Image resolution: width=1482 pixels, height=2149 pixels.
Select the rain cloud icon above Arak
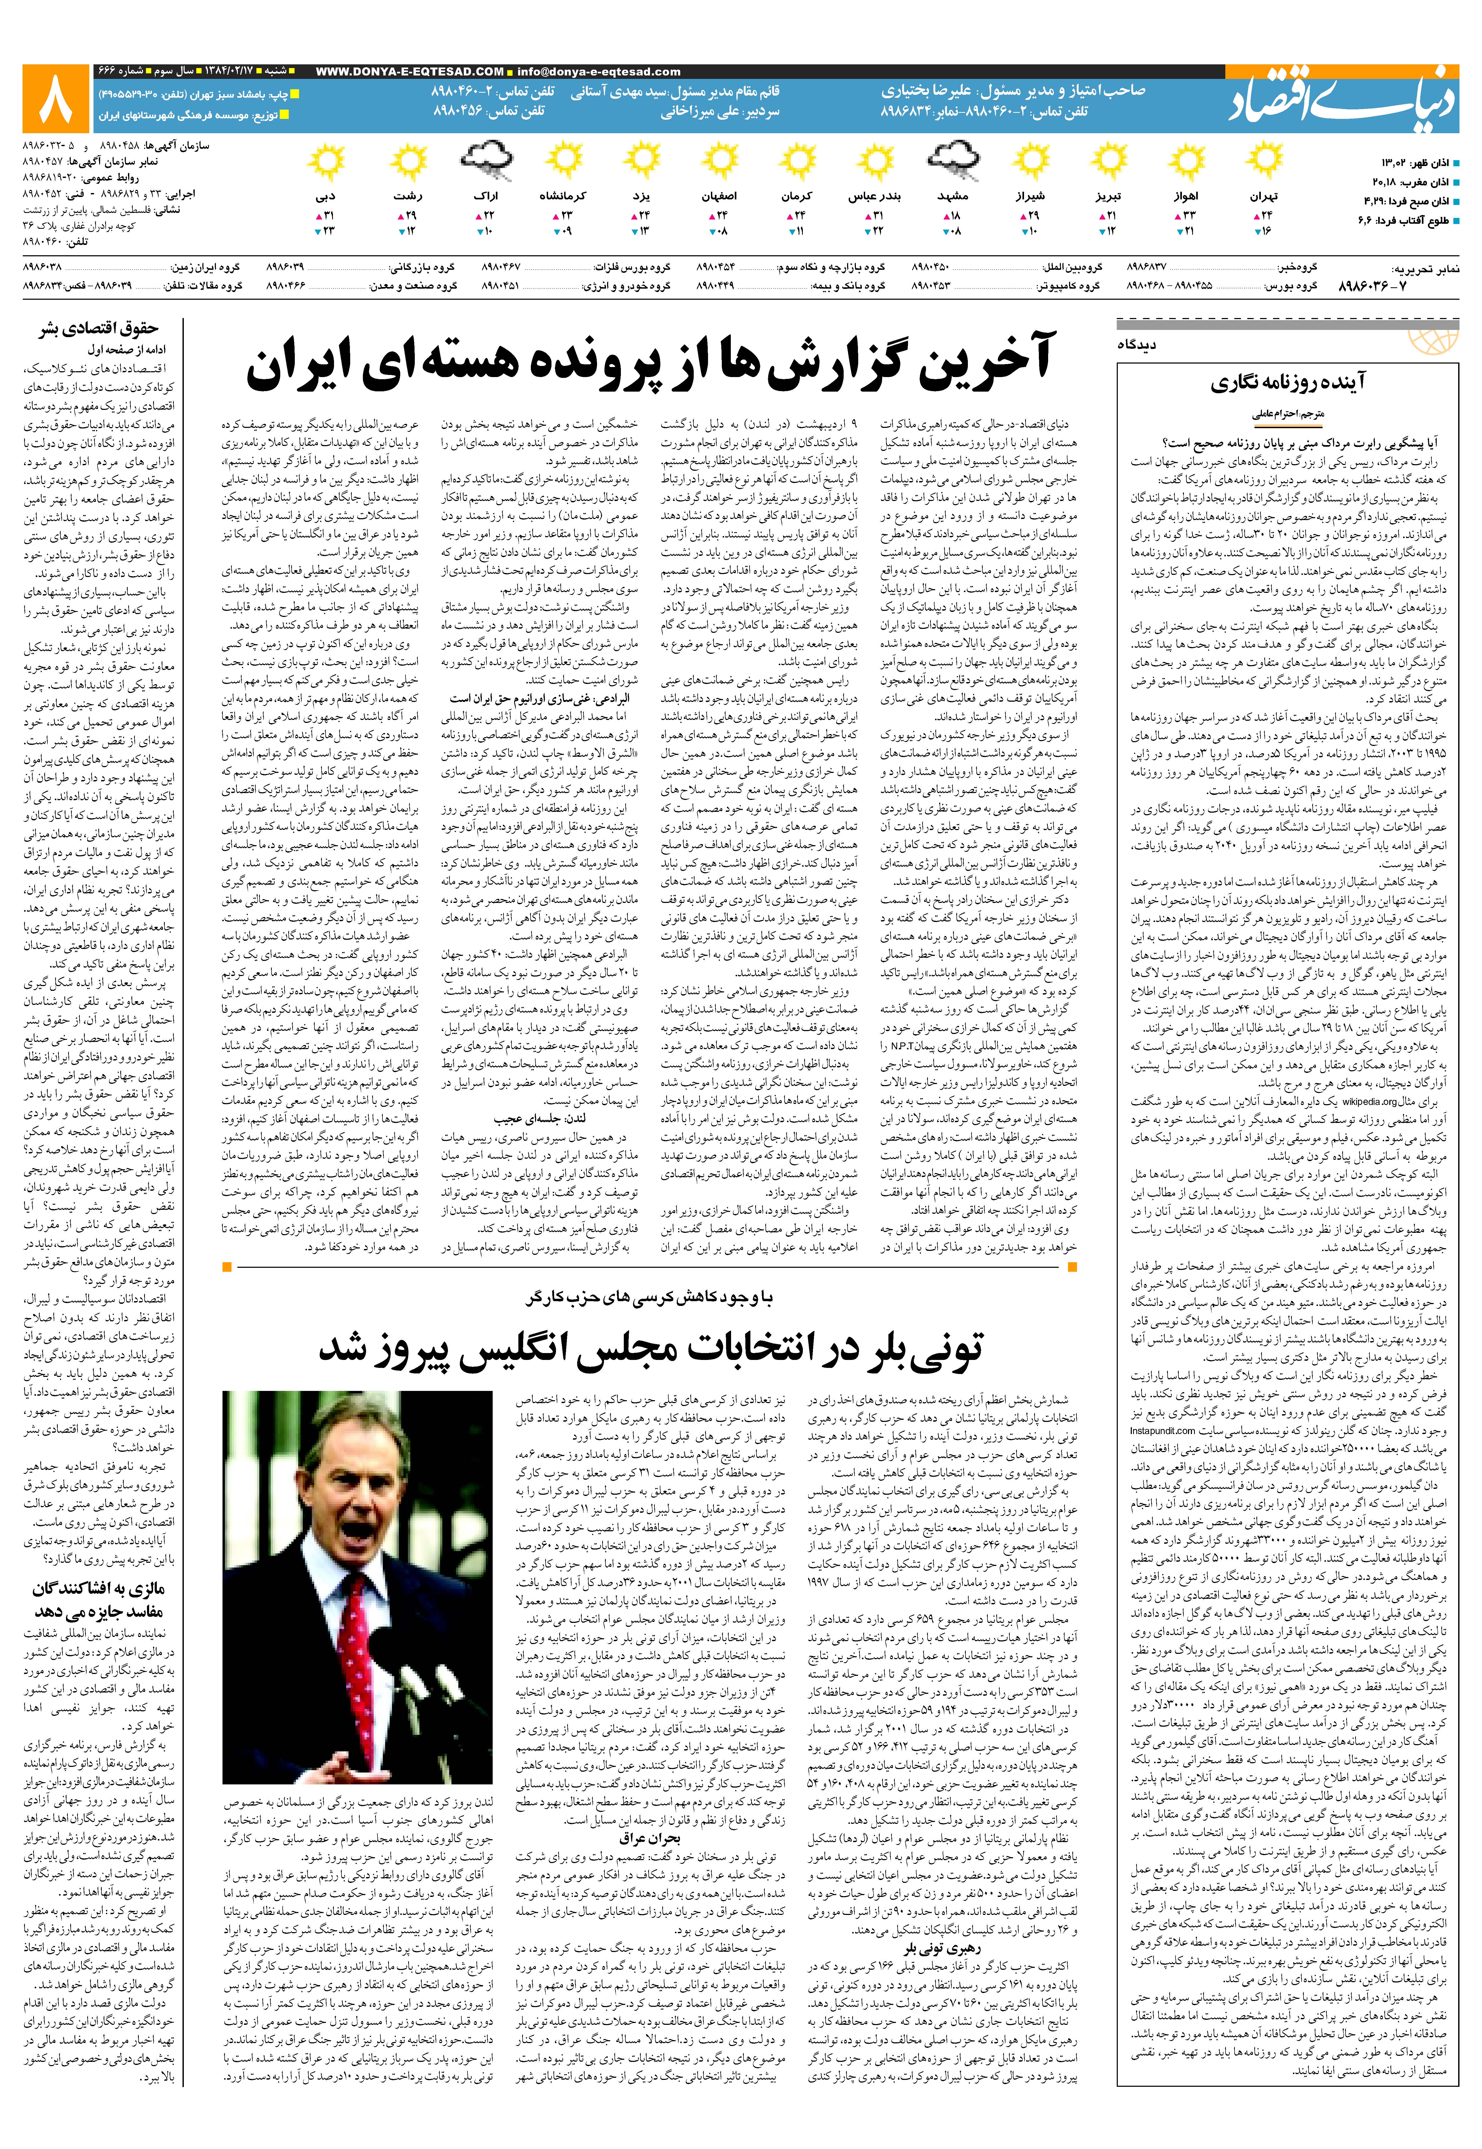(486, 162)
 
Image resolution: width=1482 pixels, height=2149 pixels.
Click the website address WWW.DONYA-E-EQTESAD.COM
(410, 71)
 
